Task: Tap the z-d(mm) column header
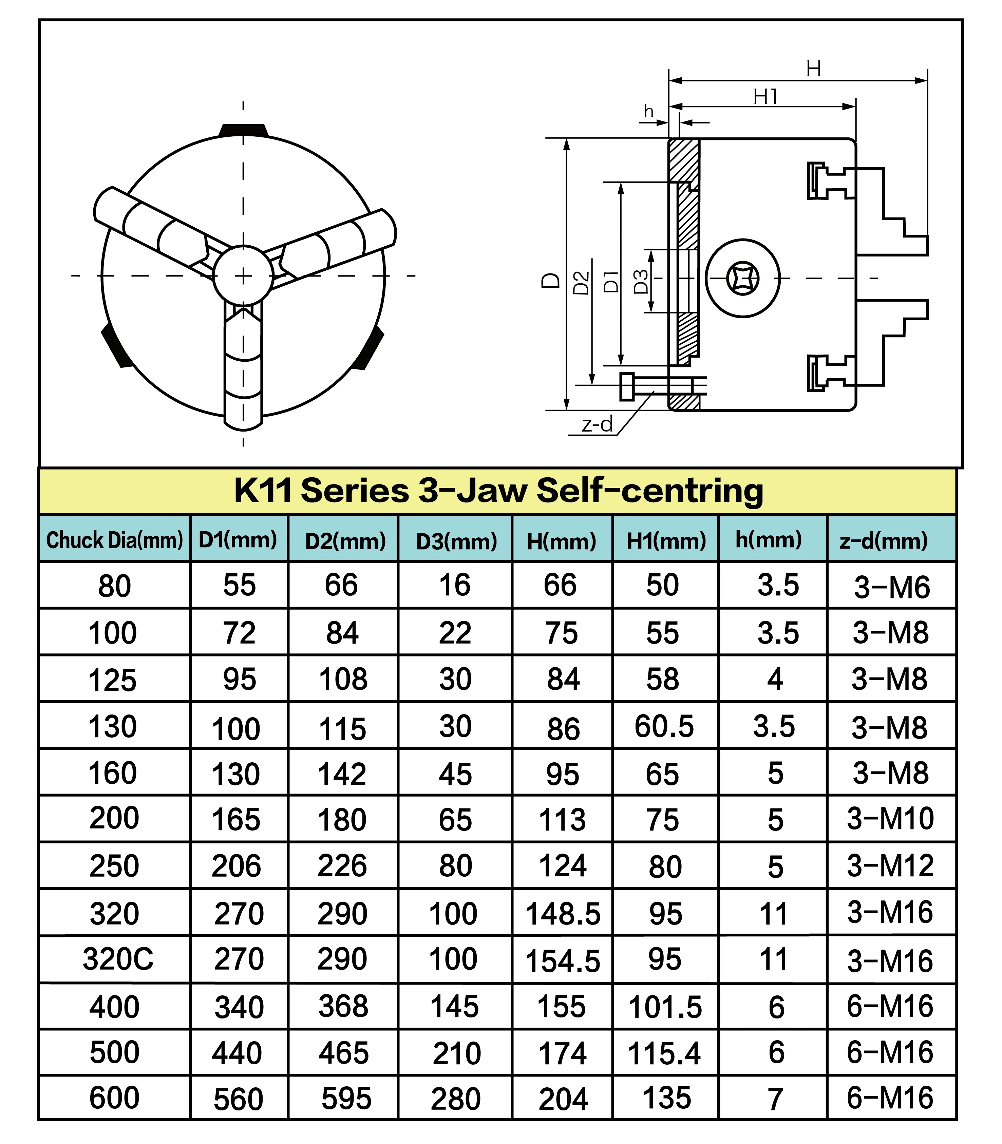884,540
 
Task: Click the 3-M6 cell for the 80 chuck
892,587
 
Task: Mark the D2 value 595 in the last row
346,1099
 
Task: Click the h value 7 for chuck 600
775,1099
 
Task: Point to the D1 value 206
236,866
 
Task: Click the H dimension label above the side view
814,69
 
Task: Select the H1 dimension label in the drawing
765,97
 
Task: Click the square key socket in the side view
742,278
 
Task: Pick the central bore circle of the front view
243,276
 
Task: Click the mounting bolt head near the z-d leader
627,386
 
